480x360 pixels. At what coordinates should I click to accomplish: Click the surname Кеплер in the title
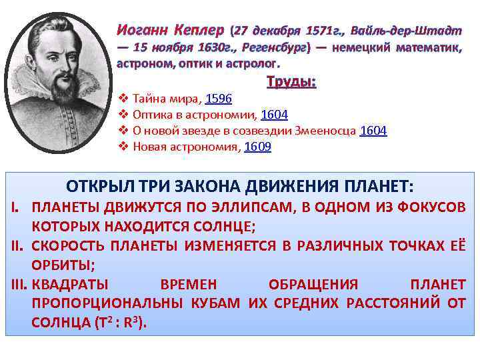(198, 31)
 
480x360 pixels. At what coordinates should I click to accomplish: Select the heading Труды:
(291, 83)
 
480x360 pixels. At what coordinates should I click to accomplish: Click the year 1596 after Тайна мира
(218, 99)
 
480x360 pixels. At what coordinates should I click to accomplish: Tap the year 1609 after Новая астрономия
(257, 147)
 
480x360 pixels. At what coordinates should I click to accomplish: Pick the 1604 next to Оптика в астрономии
(274, 115)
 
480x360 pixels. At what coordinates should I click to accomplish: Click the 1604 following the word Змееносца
(373, 131)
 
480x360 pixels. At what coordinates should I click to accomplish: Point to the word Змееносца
(323, 131)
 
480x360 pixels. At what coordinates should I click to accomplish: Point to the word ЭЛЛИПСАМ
(255, 207)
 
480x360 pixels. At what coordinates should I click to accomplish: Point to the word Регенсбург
(273, 48)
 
